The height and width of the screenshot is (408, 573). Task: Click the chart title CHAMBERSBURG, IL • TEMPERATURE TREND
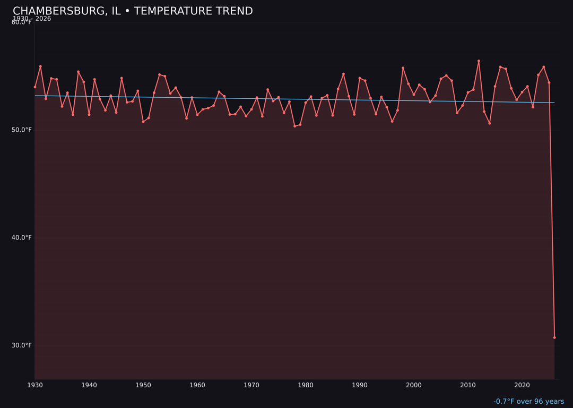[133, 11]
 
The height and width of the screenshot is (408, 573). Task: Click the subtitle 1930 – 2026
[32, 19]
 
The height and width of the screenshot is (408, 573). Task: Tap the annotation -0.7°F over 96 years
[528, 402]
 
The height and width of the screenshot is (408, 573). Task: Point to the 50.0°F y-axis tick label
[22, 130]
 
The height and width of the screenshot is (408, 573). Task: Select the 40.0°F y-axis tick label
[22, 237]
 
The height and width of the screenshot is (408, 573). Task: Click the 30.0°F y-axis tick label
[22, 345]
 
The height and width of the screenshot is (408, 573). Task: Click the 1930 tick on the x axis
[35, 385]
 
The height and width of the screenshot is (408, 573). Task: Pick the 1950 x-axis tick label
[143, 385]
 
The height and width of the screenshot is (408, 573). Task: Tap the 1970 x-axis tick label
[251, 385]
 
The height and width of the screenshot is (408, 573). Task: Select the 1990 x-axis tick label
[360, 385]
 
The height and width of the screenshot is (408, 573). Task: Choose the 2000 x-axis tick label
[414, 385]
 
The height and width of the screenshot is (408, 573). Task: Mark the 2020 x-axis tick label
[522, 385]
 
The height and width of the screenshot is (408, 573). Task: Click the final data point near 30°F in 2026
[554, 337]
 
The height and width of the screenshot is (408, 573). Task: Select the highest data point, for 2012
[479, 61]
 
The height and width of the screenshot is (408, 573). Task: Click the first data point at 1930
[35, 87]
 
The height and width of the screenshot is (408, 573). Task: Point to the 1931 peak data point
[40, 66]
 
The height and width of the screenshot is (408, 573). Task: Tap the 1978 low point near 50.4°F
[295, 126]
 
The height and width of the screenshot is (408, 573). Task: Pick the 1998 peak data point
[403, 68]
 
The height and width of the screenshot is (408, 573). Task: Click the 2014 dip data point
[490, 123]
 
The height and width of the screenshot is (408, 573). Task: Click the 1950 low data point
[143, 122]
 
